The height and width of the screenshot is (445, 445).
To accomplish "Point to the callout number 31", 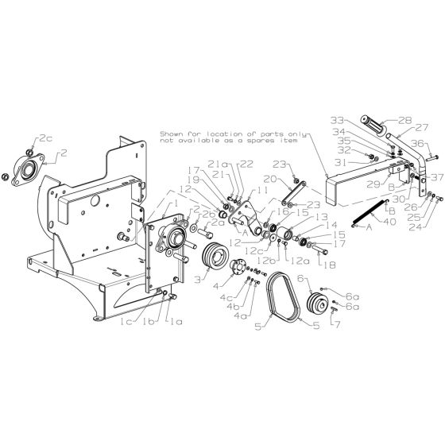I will pos(340,164).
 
